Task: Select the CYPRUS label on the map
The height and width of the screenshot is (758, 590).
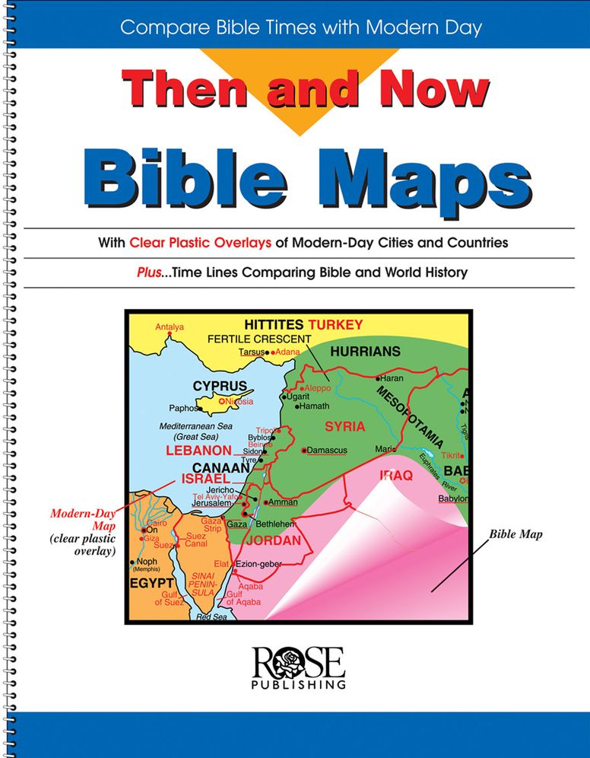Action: tap(219, 386)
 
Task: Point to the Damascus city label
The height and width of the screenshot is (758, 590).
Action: tap(326, 451)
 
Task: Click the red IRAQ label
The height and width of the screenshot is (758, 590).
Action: tap(395, 476)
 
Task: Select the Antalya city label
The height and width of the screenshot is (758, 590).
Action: tap(170, 327)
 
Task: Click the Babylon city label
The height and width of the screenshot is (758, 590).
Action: tap(453, 498)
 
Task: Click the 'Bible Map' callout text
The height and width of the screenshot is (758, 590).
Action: tap(515, 535)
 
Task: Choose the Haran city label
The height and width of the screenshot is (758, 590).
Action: tap(392, 377)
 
